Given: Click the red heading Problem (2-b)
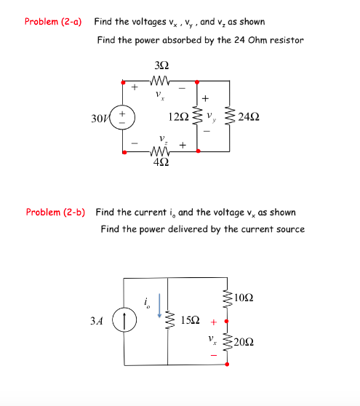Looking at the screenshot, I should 55,212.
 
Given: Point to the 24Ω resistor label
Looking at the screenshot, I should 249,116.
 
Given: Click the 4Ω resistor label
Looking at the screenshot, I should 163,162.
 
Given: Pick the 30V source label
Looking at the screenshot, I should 102,117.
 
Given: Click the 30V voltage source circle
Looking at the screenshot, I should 123,118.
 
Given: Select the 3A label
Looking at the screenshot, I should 96,320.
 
